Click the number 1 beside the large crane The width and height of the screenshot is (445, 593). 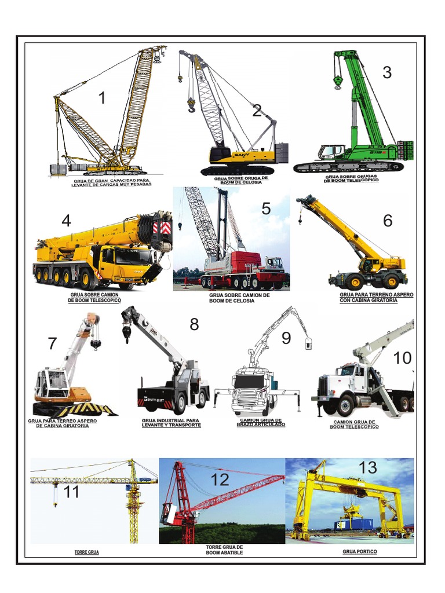pyautogui.click(x=102, y=98)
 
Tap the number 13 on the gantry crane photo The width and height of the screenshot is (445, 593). pyautogui.click(x=367, y=468)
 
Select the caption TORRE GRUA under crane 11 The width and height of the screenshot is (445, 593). pyautogui.click(x=87, y=552)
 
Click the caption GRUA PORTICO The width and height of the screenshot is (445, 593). pyautogui.click(x=359, y=552)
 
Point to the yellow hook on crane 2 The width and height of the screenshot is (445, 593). pyautogui.click(x=191, y=105)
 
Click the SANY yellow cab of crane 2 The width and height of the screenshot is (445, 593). pyautogui.click(x=221, y=154)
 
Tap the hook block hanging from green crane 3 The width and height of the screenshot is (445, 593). pyautogui.click(x=337, y=83)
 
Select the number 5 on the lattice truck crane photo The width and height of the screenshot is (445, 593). pyautogui.click(x=266, y=208)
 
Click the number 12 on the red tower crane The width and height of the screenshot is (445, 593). pyautogui.click(x=220, y=479)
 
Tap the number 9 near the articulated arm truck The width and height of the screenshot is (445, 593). pyautogui.click(x=286, y=338)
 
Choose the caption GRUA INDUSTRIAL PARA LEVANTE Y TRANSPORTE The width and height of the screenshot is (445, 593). pyautogui.click(x=171, y=423)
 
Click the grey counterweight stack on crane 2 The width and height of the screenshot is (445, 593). pyautogui.click(x=282, y=153)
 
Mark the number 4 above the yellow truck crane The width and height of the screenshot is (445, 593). pyautogui.click(x=66, y=221)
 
